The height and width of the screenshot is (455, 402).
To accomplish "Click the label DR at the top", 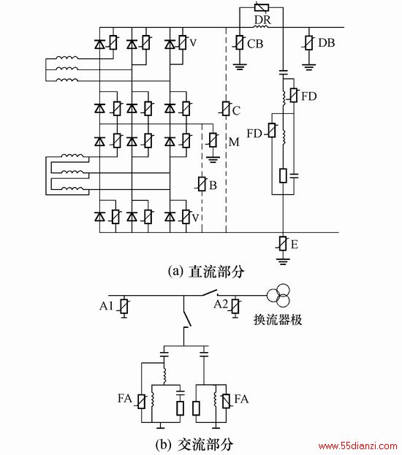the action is pyautogui.click(x=262, y=20).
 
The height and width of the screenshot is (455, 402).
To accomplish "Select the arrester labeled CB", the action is pyautogui.click(x=239, y=42).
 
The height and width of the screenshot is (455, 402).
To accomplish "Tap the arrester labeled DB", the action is pyautogui.click(x=309, y=42).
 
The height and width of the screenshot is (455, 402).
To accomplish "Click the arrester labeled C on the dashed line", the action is pyautogui.click(x=226, y=109).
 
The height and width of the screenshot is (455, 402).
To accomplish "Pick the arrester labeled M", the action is pyautogui.click(x=213, y=140).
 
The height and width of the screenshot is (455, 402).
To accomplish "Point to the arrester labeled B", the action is pyautogui.click(x=202, y=184).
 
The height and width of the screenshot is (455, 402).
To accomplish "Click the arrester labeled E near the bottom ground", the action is pyautogui.click(x=283, y=243).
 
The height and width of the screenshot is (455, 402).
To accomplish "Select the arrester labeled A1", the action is pyautogui.click(x=124, y=306).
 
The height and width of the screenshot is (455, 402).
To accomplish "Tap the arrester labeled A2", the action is pyautogui.click(x=235, y=306).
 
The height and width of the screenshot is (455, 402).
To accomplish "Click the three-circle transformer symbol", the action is pyautogui.click(x=279, y=295).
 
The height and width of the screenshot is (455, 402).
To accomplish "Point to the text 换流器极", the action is pyautogui.click(x=278, y=319).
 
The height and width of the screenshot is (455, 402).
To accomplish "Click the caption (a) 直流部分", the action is pyautogui.click(x=206, y=272).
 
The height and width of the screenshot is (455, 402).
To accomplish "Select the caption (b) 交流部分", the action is pyautogui.click(x=194, y=444).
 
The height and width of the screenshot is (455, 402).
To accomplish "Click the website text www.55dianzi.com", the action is pyautogui.click(x=358, y=446).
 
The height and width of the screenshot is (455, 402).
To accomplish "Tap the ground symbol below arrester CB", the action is pyautogui.click(x=240, y=67).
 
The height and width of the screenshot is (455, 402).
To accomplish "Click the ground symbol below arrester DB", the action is pyautogui.click(x=309, y=67).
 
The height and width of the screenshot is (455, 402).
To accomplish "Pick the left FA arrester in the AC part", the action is pyautogui.click(x=142, y=402).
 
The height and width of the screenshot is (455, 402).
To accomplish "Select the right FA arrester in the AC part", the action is pyautogui.click(x=226, y=402).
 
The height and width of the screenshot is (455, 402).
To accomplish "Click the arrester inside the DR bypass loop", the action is pyautogui.click(x=262, y=7).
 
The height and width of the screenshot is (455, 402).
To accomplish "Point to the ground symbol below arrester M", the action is pyautogui.click(x=213, y=159).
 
